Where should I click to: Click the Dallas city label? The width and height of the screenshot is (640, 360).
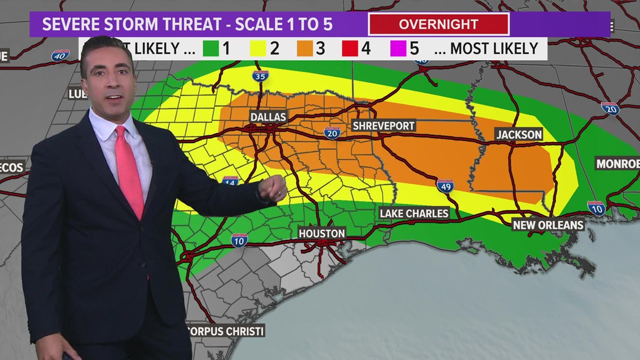(x=268, y=117)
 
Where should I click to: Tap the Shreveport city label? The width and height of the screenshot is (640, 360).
(x=383, y=125)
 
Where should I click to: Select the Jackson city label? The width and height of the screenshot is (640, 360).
(x=519, y=134)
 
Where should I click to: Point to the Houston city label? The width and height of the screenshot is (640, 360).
(x=322, y=233)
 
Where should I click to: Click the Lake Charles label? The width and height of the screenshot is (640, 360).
(x=414, y=213)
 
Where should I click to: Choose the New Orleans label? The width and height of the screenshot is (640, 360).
(x=548, y=225)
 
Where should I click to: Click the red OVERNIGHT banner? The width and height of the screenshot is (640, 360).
(x=438, y=25)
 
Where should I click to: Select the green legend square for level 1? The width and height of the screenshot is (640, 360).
(x=211, y=48)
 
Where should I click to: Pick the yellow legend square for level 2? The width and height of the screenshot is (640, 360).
(x=257, y=48)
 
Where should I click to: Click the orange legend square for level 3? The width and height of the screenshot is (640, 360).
(x=304, y=48)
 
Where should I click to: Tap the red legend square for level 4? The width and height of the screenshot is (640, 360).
(x=350, y=48)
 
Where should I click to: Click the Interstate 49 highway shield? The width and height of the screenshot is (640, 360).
(x=445, y=186)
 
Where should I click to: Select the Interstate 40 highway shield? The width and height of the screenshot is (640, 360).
(x=60, y=56)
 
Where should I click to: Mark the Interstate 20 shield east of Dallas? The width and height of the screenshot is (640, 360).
(x=332, y=133)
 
